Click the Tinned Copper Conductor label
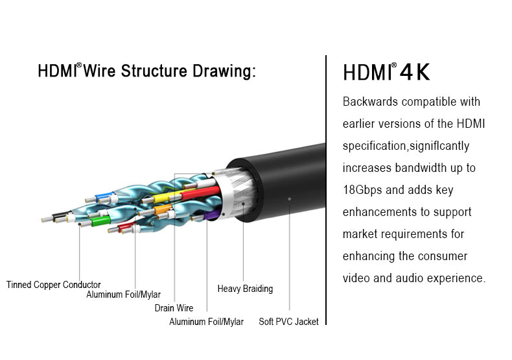[54, 285]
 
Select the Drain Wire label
[174, 307]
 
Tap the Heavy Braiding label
[245, 289]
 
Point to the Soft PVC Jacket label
[288, 322]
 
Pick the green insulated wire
[100, 221]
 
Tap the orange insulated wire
[163, 209]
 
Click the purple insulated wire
[212, 214]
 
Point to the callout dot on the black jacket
[289, 198]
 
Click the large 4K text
[415, 72]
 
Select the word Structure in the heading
[154, 71]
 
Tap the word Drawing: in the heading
[224, 71]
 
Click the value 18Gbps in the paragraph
[362, 190]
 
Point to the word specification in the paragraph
[374, 146]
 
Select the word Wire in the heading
[99, 71]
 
